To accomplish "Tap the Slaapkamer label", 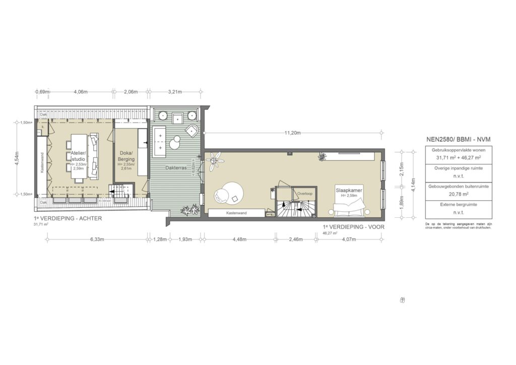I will tap(349, 191).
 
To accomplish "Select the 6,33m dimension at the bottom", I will tap(91, 239).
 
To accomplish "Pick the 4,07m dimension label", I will tap(349, 239).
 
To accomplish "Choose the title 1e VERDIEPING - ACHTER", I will tap(68, 218).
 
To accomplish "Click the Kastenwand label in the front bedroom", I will tap(236, 214).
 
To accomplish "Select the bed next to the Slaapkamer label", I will tap(348, 205).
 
